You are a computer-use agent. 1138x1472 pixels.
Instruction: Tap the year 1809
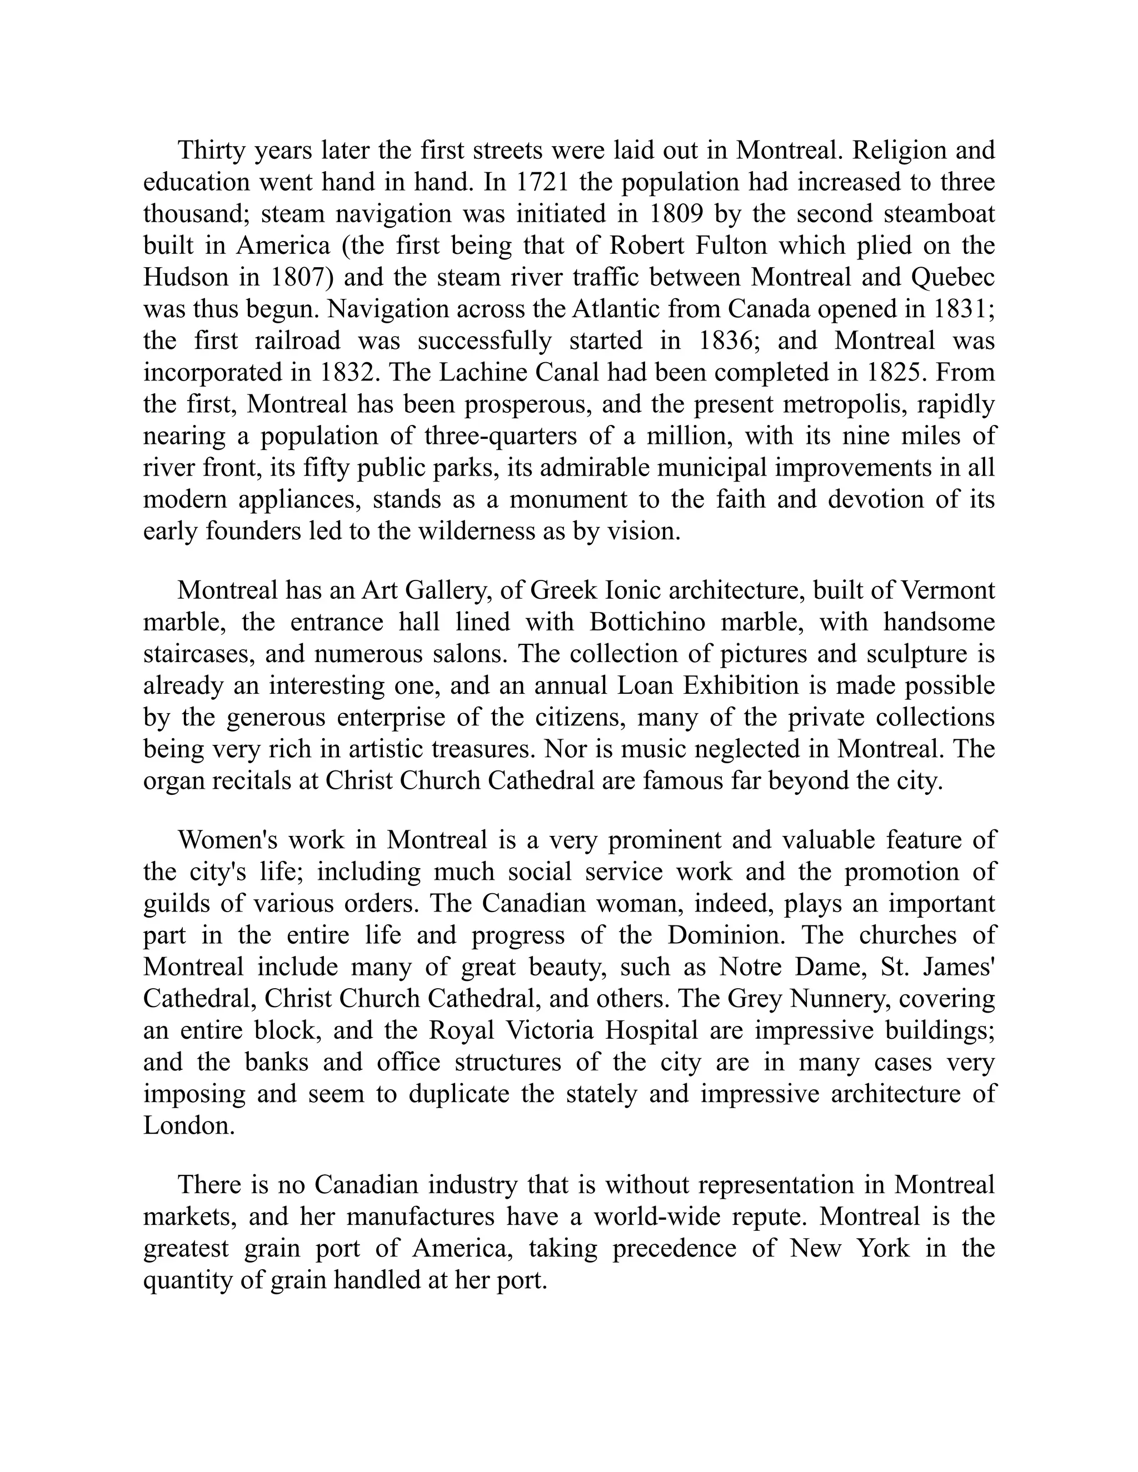tap(675, 214)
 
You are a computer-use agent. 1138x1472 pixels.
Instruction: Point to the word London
tap(189, 1125)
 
